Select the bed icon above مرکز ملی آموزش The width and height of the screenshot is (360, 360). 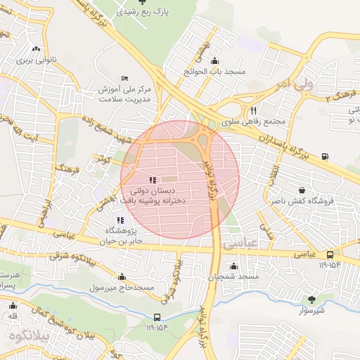click(124, 77)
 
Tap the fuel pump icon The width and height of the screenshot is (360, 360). click(324, 156)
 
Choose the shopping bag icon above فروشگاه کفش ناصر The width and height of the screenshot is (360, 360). click(302, 190)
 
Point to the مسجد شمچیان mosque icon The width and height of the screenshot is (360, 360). click(233, 266)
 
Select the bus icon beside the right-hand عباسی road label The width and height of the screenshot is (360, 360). click(330, 255)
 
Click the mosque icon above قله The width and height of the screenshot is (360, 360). click(12, 305)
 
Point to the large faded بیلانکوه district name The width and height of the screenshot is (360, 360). click(28, 335)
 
